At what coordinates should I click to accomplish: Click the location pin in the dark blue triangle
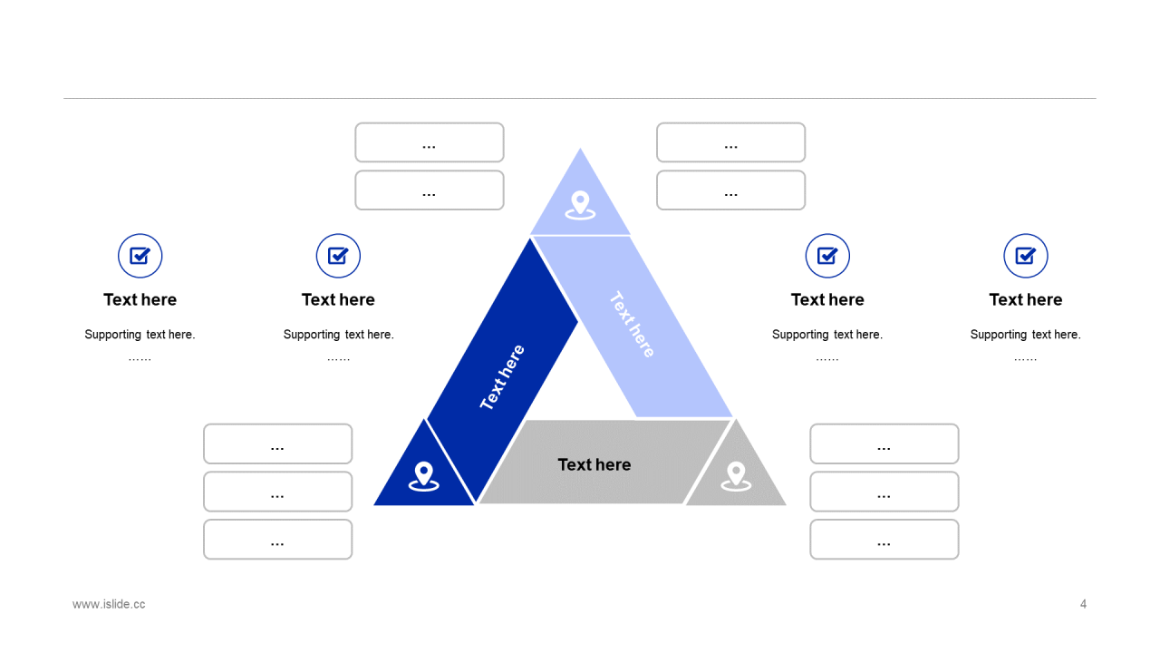423,475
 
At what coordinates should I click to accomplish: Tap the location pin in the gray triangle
736,475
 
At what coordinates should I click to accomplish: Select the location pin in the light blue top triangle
580,205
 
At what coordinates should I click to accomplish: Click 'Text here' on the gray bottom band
594,464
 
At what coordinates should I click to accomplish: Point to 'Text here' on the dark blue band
502,377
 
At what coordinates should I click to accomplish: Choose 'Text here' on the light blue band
632,325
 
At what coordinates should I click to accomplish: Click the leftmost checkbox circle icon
140,256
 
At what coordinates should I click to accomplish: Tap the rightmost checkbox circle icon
1026,256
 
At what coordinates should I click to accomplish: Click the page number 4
1083,604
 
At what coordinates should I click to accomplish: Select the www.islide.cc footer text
109,604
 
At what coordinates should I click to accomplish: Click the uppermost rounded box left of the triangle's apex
430,142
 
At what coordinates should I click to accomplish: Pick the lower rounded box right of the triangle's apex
730,190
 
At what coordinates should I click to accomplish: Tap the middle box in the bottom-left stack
277,492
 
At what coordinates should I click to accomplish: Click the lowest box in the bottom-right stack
884,540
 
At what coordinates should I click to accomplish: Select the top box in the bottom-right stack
884,443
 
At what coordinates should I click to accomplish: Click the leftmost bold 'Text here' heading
140,299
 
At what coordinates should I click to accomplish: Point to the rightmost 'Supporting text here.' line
1025,335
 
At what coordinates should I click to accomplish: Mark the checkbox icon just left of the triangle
338,256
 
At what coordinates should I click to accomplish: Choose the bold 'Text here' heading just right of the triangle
827,299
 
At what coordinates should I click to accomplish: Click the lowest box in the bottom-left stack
277,540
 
